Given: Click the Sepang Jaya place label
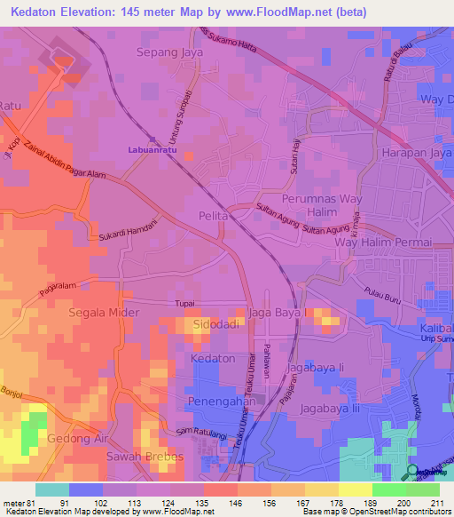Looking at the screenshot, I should (x=169, y=52).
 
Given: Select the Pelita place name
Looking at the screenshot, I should (x=214, y=216).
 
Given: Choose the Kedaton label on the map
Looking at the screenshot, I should (x=213, y=359).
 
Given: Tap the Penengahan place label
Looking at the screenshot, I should (x=224, y=402).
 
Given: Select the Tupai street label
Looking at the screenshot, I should (x=184, y=304).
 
